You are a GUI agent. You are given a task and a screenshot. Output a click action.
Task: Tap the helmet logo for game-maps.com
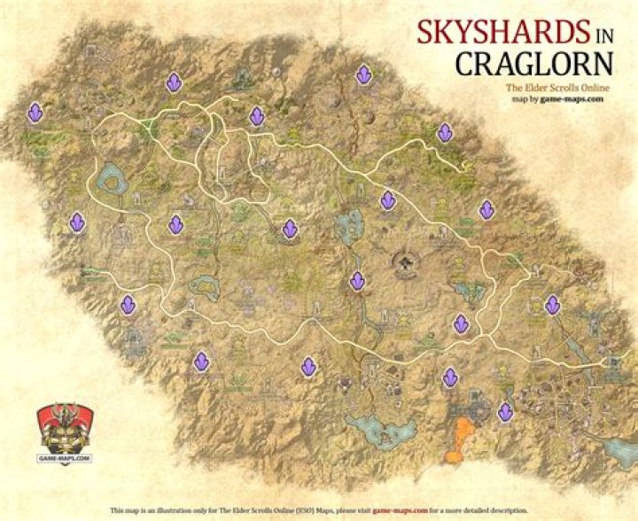64,432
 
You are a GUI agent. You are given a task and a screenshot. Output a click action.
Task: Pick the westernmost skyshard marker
35,113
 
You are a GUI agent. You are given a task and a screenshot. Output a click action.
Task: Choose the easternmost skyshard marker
552,306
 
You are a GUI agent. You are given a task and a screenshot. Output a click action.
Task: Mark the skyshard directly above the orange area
450,377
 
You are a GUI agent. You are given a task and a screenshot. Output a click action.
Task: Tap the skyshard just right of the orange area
505,412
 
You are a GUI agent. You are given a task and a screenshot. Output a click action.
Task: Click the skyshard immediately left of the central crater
357,281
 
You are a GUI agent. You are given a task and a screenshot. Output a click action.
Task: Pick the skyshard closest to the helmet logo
128,306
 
